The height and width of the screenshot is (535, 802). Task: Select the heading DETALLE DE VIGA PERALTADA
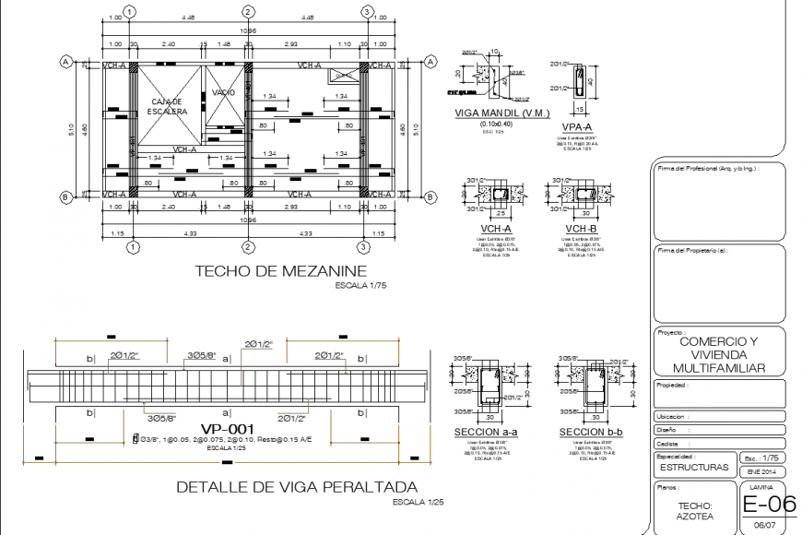pyautogui.click(x=296, y=487)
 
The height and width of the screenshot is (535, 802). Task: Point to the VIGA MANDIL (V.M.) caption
pyautogui.click(x=502, y=113)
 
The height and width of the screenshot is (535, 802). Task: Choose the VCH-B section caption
pyautogui.click(x=580, y=228)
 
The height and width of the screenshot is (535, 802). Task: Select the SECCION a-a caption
pyautogui.click(x=486, y=432)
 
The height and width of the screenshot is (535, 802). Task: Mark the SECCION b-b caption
pyautogui.click(x=590, y=432)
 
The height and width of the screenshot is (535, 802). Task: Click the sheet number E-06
pyautogui.click(x=768, y=504)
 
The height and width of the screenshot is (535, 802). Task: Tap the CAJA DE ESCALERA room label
pyautogui.click(x=167, y=106)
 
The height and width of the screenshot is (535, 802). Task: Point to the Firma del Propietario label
pyautogui.click(x=691, y=251)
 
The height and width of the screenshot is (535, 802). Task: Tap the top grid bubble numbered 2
pyautogui.click(x=248, y=11)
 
